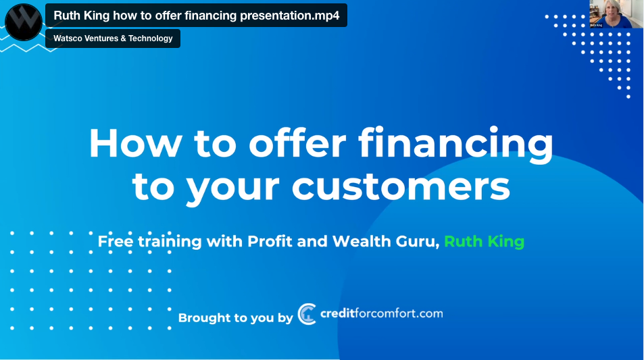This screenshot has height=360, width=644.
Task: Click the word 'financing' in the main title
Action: (x=456, y=145)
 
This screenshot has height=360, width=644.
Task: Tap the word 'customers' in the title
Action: (x=401, y=187)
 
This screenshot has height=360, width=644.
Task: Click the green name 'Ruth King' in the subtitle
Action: (x=485, y=241)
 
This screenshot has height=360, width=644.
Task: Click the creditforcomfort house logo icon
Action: (x=307, y=314)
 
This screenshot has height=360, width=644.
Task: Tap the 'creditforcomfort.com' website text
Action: (x=382, y=313)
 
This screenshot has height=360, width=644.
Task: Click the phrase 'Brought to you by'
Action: (x=235, y=317)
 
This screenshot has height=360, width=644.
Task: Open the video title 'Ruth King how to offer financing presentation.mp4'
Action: (x=197, y=16)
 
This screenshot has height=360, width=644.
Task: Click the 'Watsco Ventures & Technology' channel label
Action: (x=113, y=38)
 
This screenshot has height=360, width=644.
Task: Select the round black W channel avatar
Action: (x=24, y=22)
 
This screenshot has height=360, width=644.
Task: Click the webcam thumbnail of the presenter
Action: (x=616, y=14)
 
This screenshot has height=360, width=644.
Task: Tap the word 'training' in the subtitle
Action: (x=170, y=241)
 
